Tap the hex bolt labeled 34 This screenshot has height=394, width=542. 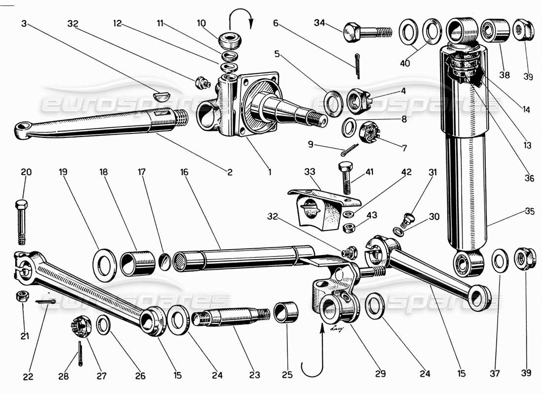(x=365, y=32)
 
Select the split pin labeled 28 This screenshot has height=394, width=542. (x=81, y=353)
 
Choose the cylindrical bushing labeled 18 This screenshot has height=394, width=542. (x=138, y=263)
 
